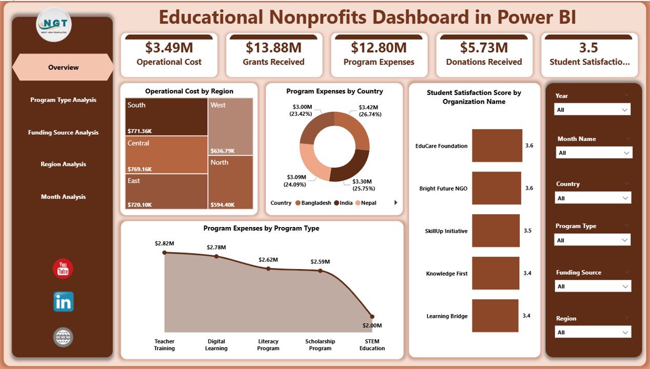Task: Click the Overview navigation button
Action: click(63, 67)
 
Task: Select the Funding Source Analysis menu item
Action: click(63, 132)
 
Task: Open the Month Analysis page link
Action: click(63, 197)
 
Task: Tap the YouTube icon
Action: click(63, 269)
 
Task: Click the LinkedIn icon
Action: click(63, 302)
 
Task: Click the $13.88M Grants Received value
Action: click(273, 48)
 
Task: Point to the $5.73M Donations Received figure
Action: click(484, 48)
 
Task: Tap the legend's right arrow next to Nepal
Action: click(396, 203)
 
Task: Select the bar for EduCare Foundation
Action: click(497, 146)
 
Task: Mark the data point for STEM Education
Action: click(372, 317)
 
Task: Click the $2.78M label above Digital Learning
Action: click(216, 248)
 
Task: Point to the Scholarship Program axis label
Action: click(320, 345)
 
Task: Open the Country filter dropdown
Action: click(593, 198)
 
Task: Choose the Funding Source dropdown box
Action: click(593, 286)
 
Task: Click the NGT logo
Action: click(54, 24)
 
